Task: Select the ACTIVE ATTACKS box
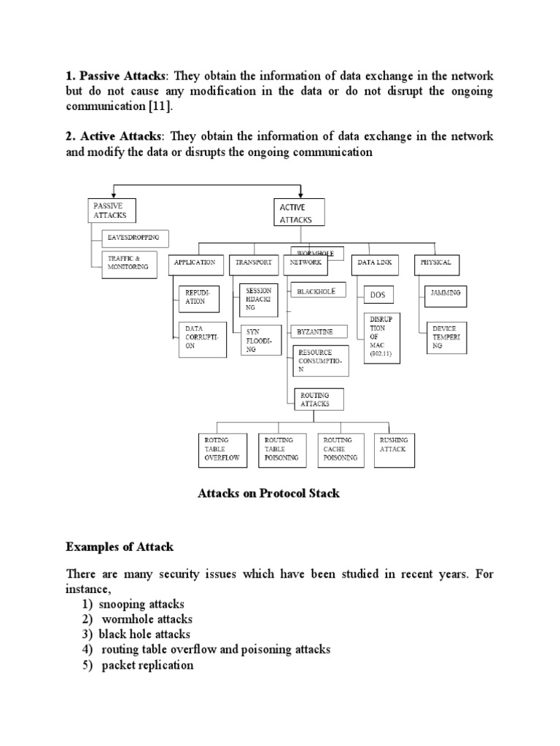pos(299,213)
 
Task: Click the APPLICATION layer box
pos(195,262)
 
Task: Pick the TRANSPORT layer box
pos(254,262)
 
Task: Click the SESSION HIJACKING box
pos(259,299)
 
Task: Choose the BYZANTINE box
pos(316,331)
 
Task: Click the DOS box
pos(378,294)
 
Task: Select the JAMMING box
pos(445,294)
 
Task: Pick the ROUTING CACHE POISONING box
pos(340,449)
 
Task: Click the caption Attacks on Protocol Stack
pos(269,493)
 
